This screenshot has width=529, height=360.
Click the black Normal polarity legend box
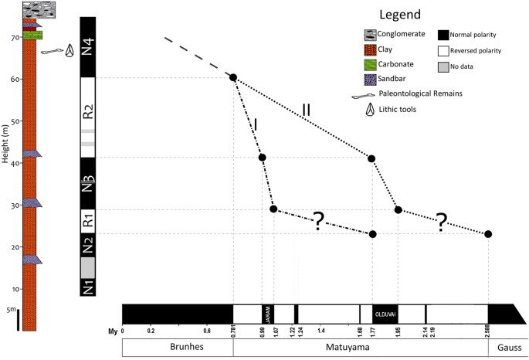tap(444, 34)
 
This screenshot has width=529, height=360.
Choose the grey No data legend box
tap(444, 68)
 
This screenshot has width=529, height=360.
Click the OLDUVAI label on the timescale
tap(385, 314)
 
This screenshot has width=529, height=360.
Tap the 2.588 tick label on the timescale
tap(487, 332)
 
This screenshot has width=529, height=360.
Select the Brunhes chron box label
tap(178, 348)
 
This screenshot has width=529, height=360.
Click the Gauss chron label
tap(504, 348)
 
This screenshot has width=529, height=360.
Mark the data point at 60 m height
tap(232, 77)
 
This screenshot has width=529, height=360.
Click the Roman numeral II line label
tap(306, 110)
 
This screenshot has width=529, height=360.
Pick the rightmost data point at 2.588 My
tap(488, 234)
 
